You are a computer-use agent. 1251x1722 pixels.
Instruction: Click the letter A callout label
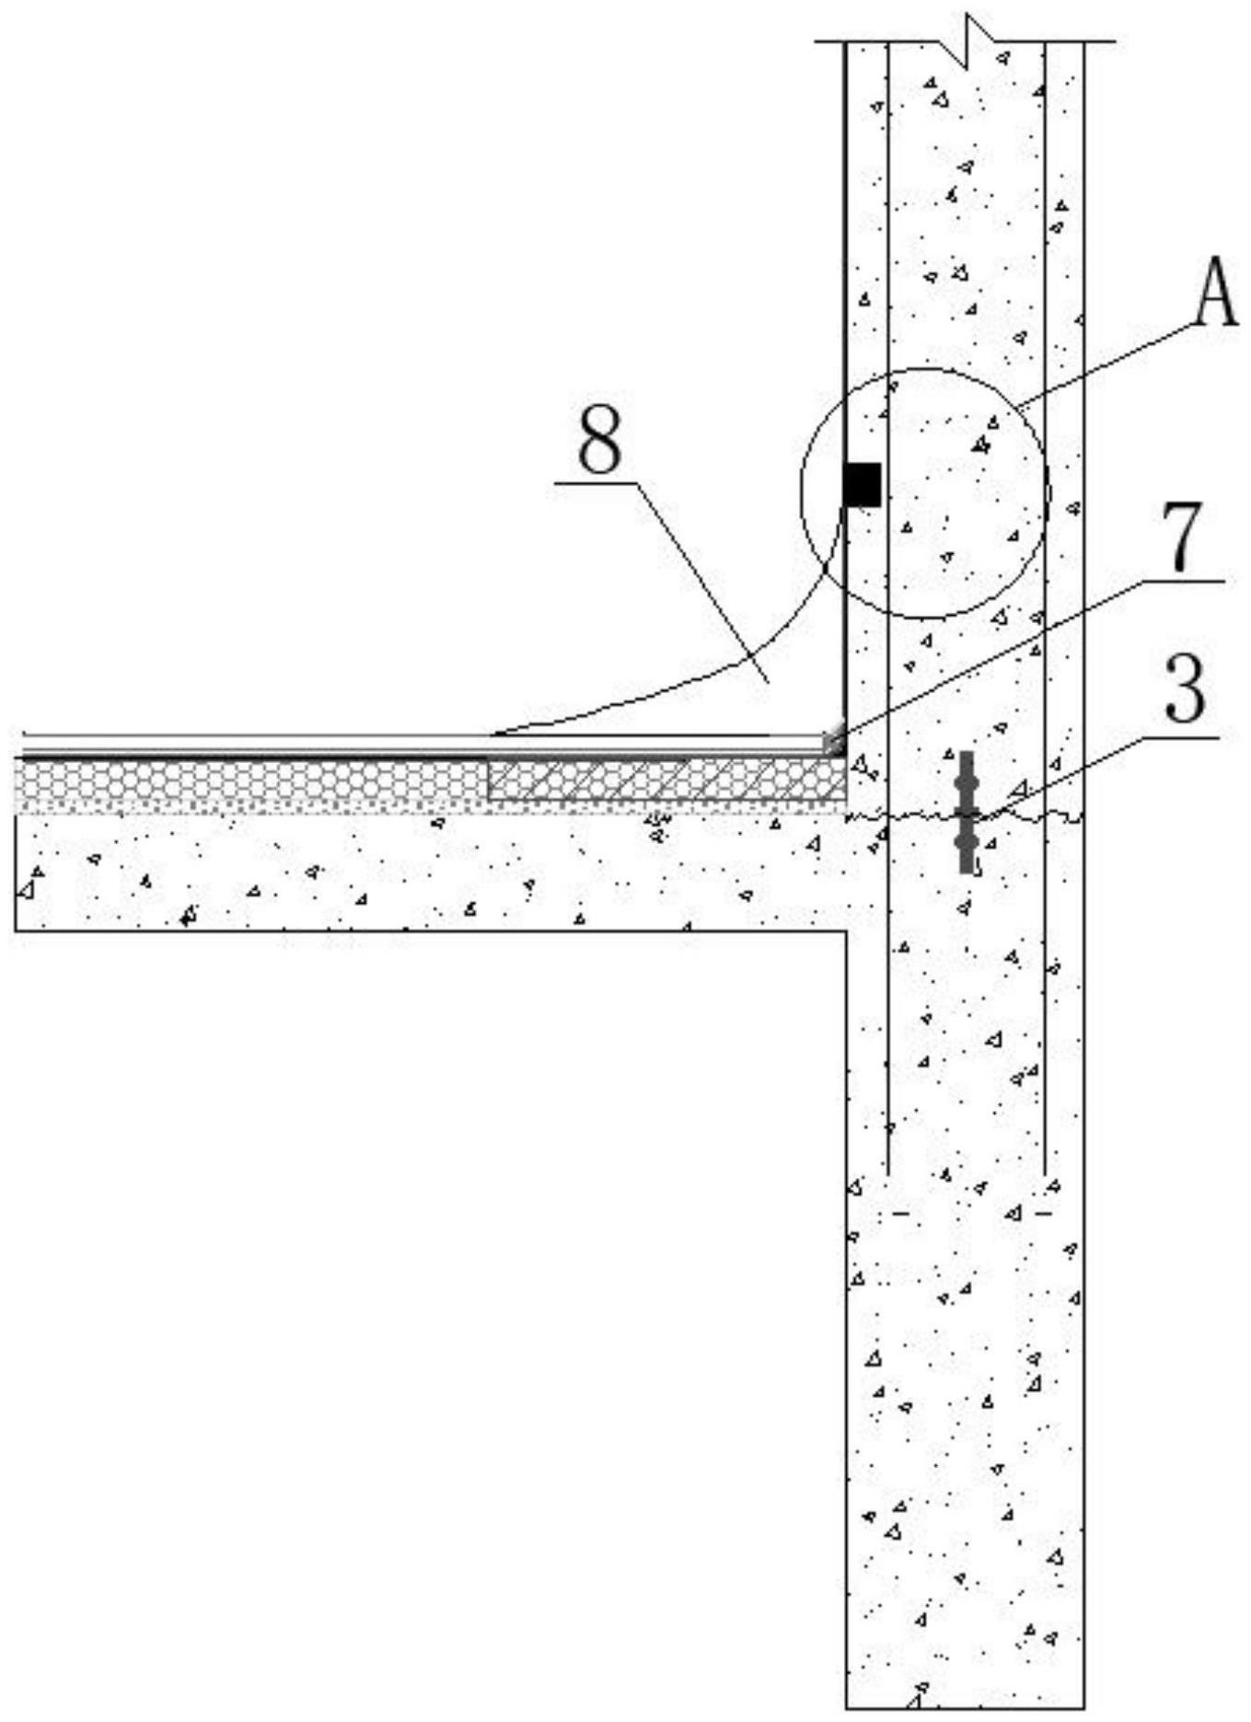pyautogui.click(x=1215, y=296)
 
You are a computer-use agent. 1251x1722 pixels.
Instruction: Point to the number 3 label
pyautogui.click(x=1184, y=691)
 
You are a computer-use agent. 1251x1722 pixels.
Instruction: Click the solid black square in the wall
pyautogui.click(x=863, y=485)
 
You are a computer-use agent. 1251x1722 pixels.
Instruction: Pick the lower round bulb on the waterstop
pyautogui.click(x=966, y=841)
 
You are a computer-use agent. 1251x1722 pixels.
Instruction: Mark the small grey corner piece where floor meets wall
pyautogui.click(x=833, y=742)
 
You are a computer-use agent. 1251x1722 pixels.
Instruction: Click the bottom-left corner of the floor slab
pyautogui.click(x=17, y=930)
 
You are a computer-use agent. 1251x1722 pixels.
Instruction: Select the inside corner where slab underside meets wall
pyautogui.click(x=846, y=931)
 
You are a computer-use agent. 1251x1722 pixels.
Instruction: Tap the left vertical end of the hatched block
pyautogui.click(x=488, y=779)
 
